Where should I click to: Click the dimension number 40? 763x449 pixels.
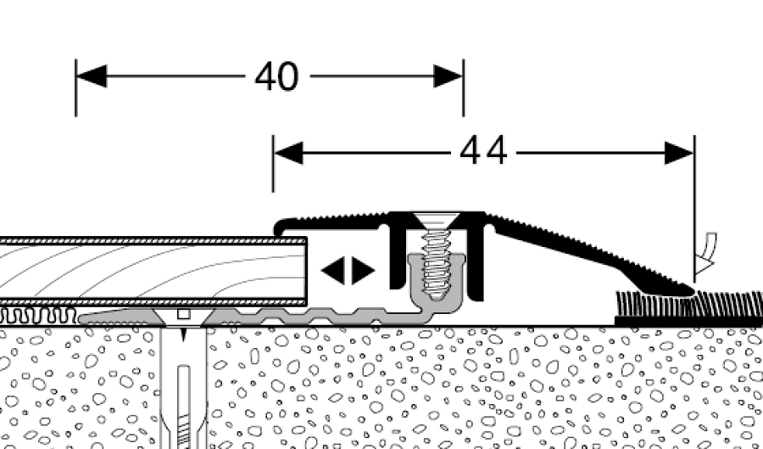[276, 77]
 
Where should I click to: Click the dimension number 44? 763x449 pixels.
[483, 152]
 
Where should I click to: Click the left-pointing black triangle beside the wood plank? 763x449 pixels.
[333, 271]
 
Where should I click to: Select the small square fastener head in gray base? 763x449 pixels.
[182, 314]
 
